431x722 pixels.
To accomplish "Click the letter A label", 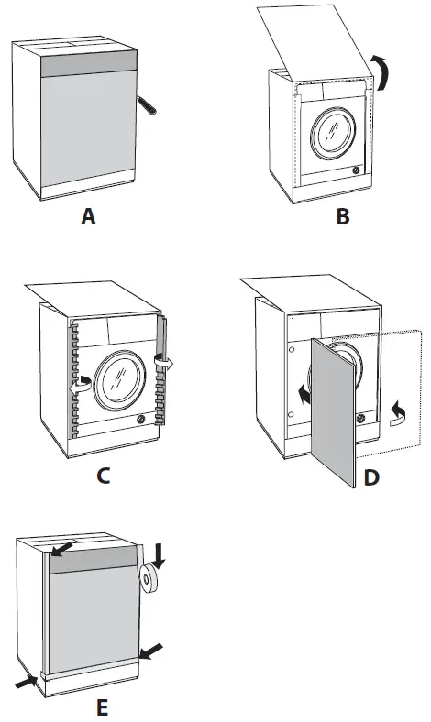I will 88,216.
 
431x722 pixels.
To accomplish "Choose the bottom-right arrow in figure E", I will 152,651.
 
